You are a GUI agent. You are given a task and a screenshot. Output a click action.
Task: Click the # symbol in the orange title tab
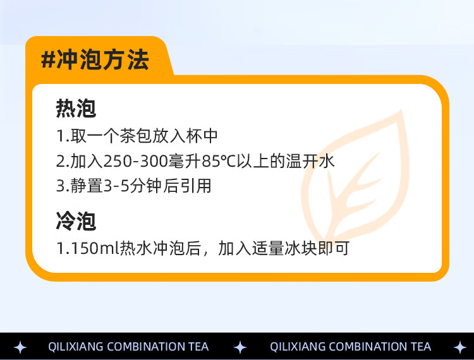pyautogui.click(x=48, y=59)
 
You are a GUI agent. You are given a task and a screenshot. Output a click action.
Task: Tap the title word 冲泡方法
pyautogui.click(x=103, y=59)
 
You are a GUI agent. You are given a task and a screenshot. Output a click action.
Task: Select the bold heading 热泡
pyautogui.click(x=76, y=108)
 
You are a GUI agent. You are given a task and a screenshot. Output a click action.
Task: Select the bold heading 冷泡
pyautogui.click(x=76, y=221)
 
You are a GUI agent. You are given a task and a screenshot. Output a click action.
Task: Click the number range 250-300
pyautogui.click(x=136, y=161)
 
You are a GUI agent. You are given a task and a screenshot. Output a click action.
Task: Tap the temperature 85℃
pyautogui.click(x=219, y=161)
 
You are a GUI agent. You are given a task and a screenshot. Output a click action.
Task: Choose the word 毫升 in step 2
pyautogui.click(x=185, y=161)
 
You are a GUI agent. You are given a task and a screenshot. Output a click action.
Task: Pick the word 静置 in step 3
pyautogui.click(x=87, y=186)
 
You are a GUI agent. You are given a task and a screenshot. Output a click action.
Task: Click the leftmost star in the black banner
pyautogui.click(x=20, y=347)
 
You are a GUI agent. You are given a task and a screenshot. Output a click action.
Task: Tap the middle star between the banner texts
pyautogui.click(x=240, y=347)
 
